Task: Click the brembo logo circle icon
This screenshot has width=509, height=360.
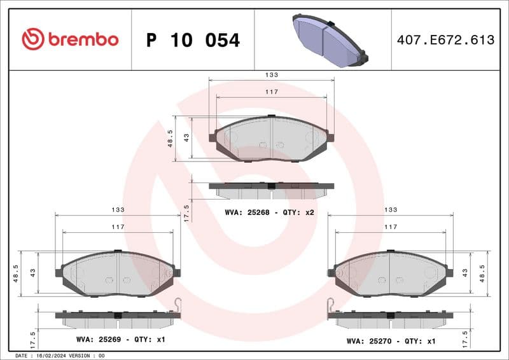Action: pos(32,39)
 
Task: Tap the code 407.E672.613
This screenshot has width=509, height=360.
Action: pos(445,40)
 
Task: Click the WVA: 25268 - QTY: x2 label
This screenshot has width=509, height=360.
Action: pos(270,212)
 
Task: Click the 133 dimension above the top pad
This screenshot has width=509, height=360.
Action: pos(272,75)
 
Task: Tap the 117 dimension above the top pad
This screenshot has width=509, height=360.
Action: pos(272,92)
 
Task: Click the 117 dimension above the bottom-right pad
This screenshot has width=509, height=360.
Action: pos(391,227)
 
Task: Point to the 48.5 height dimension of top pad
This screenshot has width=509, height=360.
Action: pos(171,138)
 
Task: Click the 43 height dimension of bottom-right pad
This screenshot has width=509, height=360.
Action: pos(465,272)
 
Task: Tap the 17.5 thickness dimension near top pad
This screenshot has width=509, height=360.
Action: pos(186,212)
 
